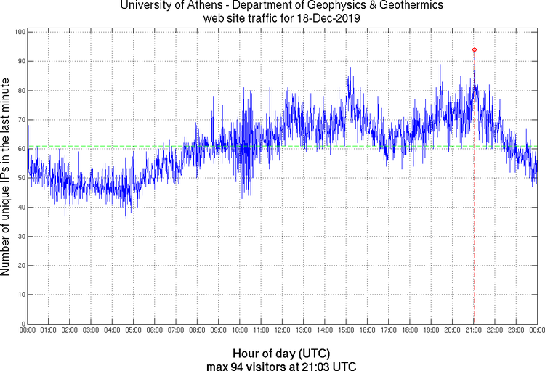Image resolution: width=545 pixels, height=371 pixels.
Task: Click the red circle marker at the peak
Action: click(475, 49)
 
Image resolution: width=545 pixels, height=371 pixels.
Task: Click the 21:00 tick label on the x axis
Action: click(473, 331)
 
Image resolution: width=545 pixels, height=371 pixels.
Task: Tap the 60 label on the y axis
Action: click(20, 149)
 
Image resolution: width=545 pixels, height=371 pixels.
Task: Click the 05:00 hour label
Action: click(134, 331)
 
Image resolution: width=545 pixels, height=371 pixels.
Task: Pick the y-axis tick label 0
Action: click(23, 324)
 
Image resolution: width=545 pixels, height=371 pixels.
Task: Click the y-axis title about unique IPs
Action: click(6, 177)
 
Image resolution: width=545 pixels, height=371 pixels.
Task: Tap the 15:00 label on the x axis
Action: click(346, 331)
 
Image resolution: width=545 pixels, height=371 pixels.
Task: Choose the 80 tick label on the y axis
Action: click(20, 91)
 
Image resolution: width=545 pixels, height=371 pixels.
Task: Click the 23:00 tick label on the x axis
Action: click(516, 331)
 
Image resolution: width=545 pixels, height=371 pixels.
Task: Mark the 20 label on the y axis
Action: click(20, 265)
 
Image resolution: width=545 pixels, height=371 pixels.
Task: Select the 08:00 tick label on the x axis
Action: click(197, 331)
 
